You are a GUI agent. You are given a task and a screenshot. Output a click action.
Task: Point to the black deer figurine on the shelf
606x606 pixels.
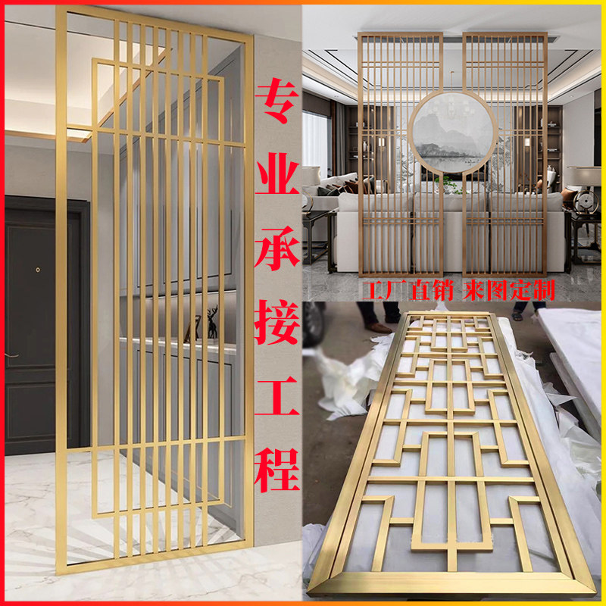(x=212, y=322)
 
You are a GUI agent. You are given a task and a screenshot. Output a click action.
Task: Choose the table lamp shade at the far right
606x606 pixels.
(x=588, y=176)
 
